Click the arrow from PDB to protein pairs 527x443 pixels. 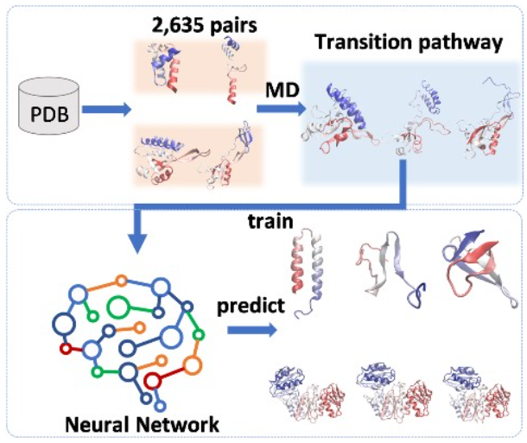point(108,110)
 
